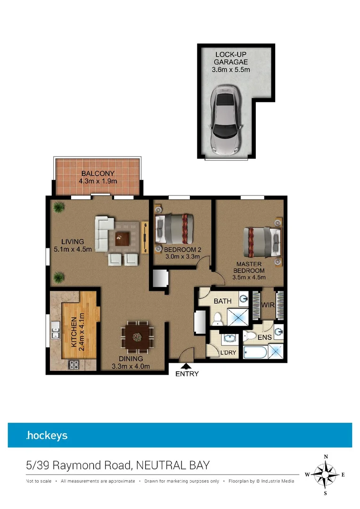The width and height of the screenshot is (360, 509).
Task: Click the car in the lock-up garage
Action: (226, 121)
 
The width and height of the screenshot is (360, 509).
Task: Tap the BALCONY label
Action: (98, 173)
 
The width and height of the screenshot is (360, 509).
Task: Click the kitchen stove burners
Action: (74, 364)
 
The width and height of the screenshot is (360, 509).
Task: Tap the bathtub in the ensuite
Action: (255, 352)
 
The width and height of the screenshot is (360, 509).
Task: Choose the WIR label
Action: (268, 305)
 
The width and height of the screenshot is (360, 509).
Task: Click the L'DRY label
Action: (228, 352)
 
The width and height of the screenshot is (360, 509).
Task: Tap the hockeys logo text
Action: (47, 435)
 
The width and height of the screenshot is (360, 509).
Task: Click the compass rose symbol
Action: (325, 475)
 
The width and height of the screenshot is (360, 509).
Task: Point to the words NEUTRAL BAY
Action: (172, 466)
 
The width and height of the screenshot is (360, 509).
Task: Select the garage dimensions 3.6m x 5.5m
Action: (230, 70)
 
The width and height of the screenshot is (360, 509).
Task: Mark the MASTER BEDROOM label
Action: (250, 267)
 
